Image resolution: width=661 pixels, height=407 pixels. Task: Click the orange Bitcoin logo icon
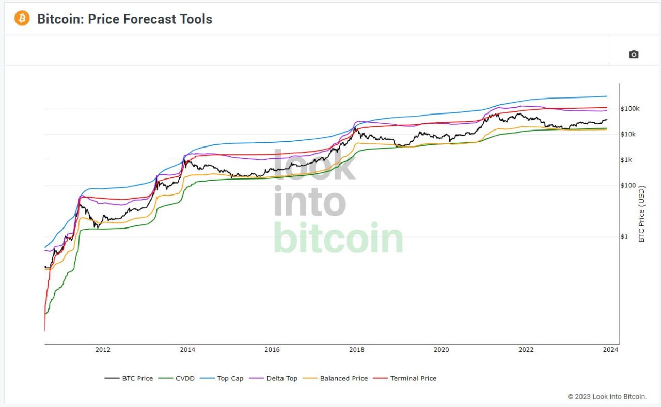tap(22, 18)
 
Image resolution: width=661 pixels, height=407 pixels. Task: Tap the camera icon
tap(634, 55)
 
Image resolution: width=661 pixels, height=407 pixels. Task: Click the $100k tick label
tap(630, 109)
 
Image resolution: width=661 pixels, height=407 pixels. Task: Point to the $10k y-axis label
tap(628, 135)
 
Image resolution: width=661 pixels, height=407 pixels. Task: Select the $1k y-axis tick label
tap(626, 160)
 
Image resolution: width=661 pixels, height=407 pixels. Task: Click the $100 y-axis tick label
tap(628, 185)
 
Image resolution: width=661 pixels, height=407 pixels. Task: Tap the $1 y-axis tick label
tap(624, 236)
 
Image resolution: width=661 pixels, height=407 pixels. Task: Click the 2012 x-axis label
tap(103, 350)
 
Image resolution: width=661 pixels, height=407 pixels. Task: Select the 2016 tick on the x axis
tap(272, 350)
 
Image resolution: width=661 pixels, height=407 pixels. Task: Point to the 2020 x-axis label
tap(441, 350)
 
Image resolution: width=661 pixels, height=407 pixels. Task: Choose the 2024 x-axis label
tap(610, 350)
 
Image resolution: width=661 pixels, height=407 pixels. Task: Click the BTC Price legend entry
tap(129, 378)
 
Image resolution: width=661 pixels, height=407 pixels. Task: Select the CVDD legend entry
tap(177, 378)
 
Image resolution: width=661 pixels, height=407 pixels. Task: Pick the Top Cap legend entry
tap(222, 378)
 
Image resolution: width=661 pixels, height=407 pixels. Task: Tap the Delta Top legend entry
tap(273, 378)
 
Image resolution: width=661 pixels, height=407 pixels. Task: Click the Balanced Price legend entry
tap(335, 378)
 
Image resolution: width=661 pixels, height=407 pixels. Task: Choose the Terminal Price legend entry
tap(405, 378)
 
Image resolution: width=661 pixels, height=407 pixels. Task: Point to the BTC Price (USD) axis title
tap(641, 214)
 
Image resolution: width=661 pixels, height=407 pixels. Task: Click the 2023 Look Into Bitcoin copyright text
tap(607, 397)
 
